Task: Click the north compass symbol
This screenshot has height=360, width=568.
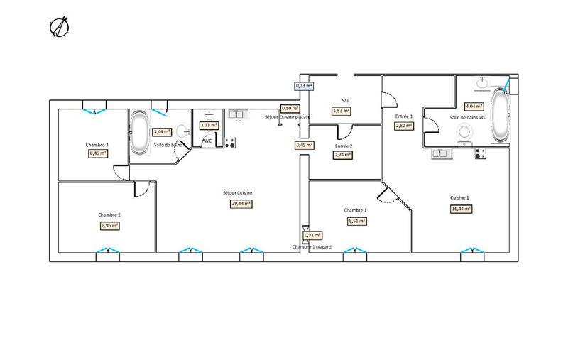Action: [x=58, y=28]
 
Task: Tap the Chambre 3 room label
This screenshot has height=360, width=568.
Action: [x=97, y=144]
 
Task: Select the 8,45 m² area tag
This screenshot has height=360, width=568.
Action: [x=97, y=153]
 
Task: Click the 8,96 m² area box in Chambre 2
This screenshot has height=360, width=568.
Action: [x=109, y=226]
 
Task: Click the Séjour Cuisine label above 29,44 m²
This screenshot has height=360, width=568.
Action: [x=237, y=193]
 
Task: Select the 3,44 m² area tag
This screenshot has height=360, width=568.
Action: [x=162, y=131]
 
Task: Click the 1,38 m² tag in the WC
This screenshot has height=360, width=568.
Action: [x=209, y=125]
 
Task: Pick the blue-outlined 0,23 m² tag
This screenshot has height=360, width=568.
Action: [x=304, y=86]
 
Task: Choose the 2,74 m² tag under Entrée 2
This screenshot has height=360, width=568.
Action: [x=344, y=154]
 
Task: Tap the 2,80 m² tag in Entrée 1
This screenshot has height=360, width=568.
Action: [x=404, y=126]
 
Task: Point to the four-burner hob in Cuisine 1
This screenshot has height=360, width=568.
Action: [x=480, y=152]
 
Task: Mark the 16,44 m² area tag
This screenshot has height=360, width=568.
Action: [x=461, y=209]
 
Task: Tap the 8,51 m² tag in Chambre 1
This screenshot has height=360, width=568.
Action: [x=356, y=221]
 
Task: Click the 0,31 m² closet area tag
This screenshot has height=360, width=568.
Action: [x=312, y=235]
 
